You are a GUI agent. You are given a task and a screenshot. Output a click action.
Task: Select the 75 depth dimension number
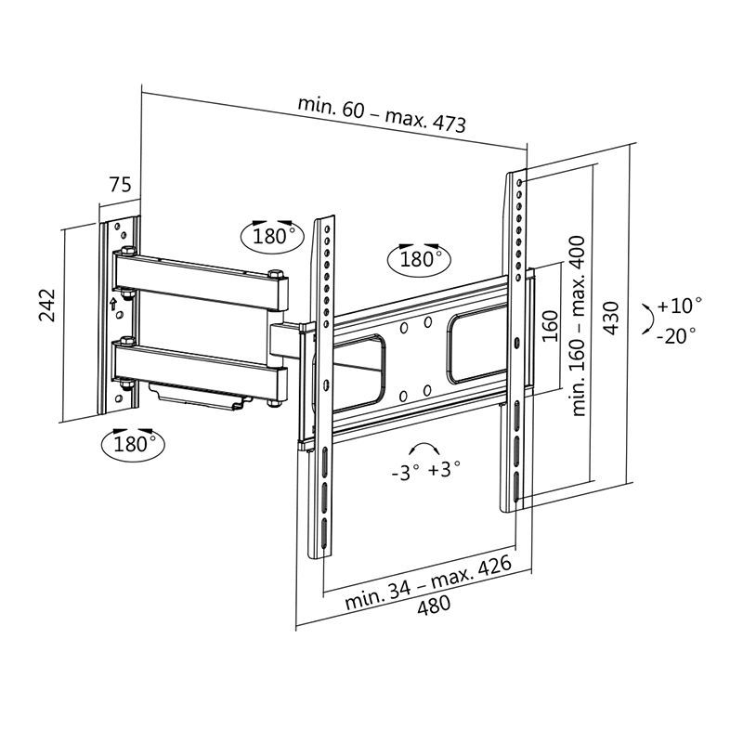(120, 185)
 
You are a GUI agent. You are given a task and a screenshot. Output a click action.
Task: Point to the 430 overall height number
(612, 319)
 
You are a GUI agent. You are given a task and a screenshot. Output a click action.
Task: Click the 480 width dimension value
(432, 605)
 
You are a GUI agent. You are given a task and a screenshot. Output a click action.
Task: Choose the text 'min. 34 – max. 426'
(428, 582)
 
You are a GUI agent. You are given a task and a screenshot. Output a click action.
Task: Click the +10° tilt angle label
(680, 306)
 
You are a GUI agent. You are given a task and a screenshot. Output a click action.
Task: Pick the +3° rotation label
(445, 470)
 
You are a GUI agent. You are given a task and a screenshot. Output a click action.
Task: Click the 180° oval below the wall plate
(131, 442)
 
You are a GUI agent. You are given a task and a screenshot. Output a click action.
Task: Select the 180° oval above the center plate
(418, 257)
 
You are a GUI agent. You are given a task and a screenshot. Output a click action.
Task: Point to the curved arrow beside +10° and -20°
(645, 320)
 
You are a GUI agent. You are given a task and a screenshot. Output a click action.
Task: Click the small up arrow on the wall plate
(112, 303)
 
